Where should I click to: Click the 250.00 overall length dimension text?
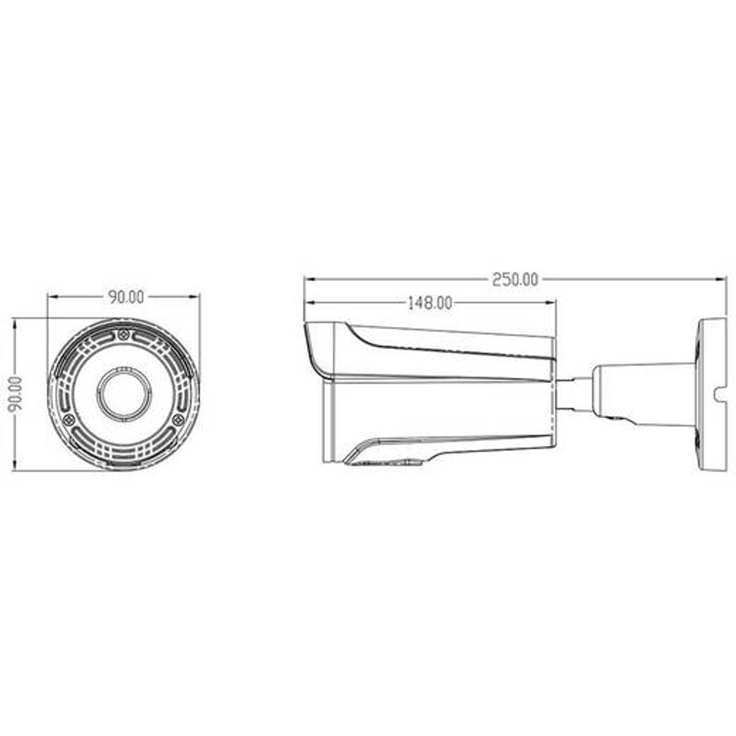click(x=515, y=280)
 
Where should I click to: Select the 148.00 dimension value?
click(x=430, y=303)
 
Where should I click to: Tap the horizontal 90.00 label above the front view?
click(x=127, y=297)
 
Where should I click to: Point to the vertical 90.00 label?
click(x=15, y=394)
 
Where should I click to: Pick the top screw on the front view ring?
click(x=124, y=335)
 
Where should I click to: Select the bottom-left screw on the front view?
click(x=69, y=420)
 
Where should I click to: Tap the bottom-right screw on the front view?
click(x=178, y=420)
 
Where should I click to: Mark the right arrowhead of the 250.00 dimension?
click(x=721, y=280)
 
